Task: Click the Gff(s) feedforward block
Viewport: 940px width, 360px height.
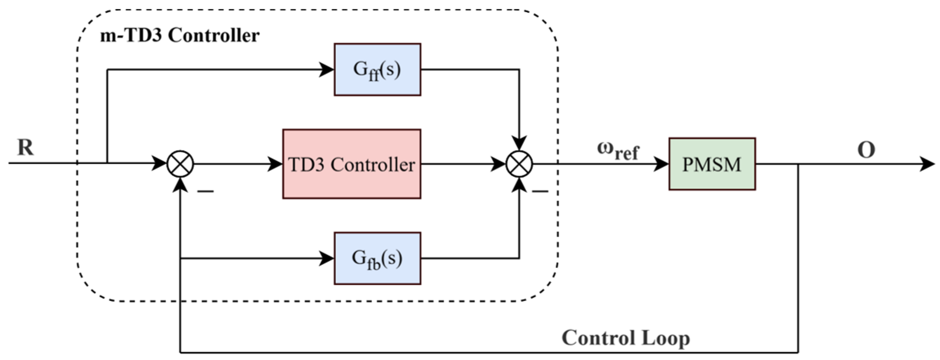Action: pyautogui.click(x=377, y=70)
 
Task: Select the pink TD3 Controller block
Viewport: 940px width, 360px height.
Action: pyautogui.click(x=351, y=164)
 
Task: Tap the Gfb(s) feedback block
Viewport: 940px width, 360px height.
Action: pyautogui.click(x=377, y=258)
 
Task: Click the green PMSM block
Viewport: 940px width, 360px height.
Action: pyautogui.click(x=712, y=164)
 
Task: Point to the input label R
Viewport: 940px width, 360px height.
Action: pyautogui.click(x=25, y=147)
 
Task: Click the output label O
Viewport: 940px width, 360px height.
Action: pyautogui.click(x=866, y=150)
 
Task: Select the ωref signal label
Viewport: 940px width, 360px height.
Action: pyautogui.click(x=618, y=150)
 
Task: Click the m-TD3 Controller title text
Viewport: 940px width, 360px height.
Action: pyautogui.click(x=180, y=36)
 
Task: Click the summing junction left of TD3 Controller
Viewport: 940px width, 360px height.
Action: pyautogui.click(x=180, y=164)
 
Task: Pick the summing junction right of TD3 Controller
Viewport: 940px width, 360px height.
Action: pyautogui.click(x=519, y=164)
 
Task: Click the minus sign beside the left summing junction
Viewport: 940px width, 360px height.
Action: pyautogui.click(x=205, y=192)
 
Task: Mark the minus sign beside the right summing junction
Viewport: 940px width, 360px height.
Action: pyautogui.click(x=540, y=192)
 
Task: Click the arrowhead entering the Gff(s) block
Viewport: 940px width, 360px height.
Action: pyautogui.click(x=326, y=70)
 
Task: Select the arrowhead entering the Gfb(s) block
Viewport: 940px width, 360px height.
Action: pyautogui.click(x=326, y=258)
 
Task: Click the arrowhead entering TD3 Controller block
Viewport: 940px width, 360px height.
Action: pyautogui.click(x=275, y=164)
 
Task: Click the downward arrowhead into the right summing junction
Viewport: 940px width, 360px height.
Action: pyautogui.click(x=519, y=143)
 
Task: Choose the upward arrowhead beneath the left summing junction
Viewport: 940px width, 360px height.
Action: pyautogui.click(x=180, y=185)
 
